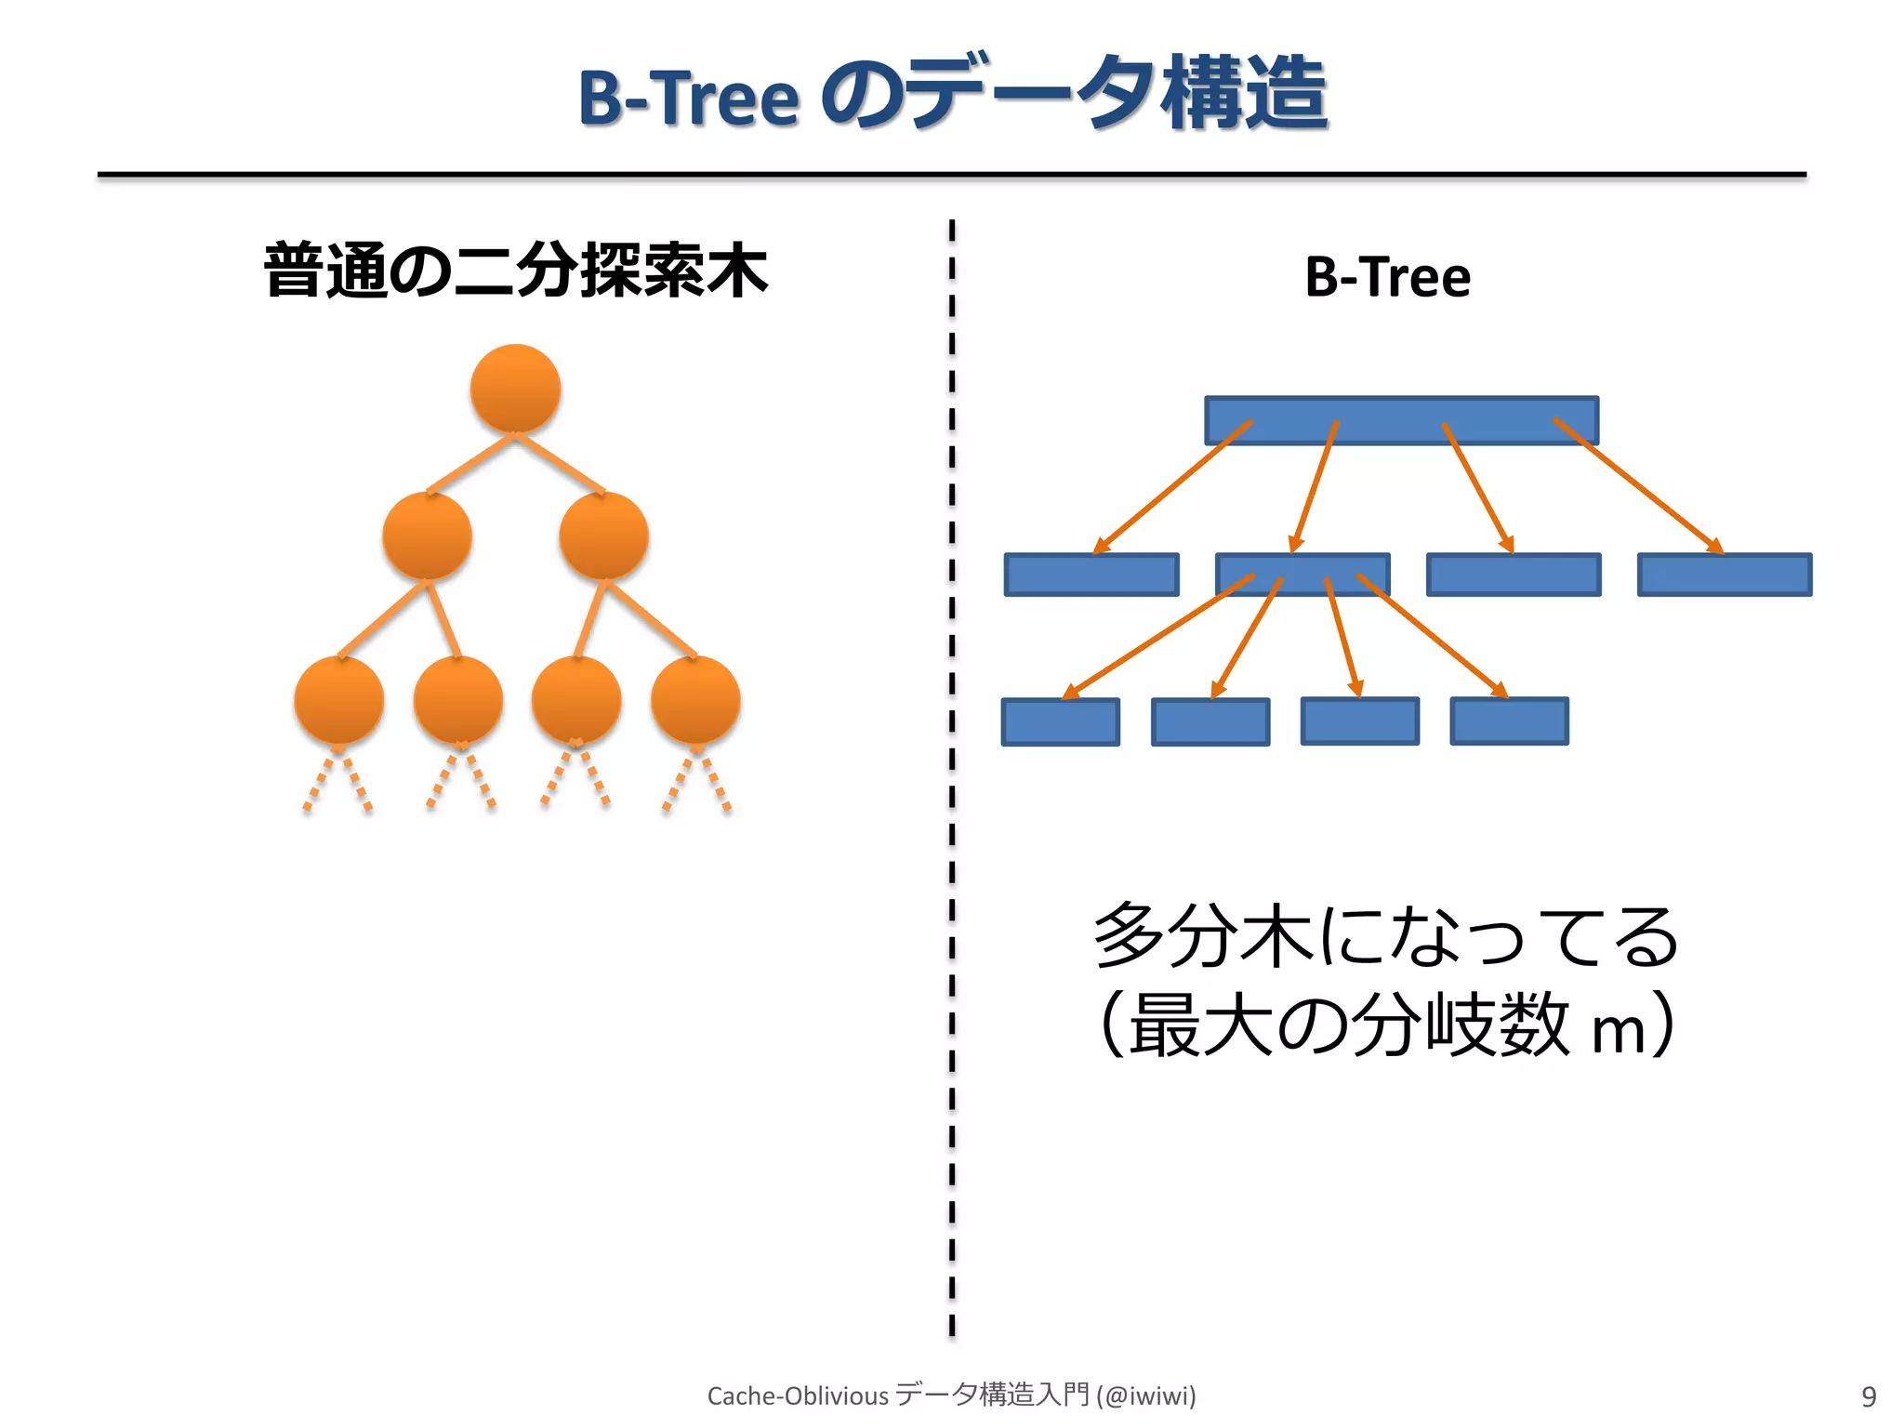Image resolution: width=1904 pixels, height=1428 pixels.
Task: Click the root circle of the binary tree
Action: pyautogui.click(x=515, y=389)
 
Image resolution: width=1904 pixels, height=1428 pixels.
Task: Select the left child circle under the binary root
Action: pyautogui.click(x=427, y=536)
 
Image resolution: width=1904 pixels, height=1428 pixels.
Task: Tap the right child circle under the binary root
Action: pyautogui.click(x=603, y=536)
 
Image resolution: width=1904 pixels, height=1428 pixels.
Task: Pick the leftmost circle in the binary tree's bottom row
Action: pyautogui.click(x=339, y=700)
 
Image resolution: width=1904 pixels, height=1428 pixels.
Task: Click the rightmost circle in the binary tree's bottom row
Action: pyautogui.click(x=695, y=700)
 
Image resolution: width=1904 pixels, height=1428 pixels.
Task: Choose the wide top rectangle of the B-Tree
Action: pyautogui.click(x=1401, y=420)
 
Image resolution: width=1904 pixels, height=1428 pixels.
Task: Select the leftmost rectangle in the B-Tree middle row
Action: pyautogui.click(x=1091, y=575)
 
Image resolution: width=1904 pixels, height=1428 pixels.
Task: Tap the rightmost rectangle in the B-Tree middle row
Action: pyautogui.click(x=1725, y=575)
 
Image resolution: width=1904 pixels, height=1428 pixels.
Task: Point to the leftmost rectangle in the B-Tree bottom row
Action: pyautogui.click(x=1060, y=722)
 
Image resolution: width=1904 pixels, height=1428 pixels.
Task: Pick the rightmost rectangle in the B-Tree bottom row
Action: pyautogui.click(x=1509, y=721)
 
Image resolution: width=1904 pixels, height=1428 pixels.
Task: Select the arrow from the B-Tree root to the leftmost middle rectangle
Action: pyautogui.click(x=1173, y=485)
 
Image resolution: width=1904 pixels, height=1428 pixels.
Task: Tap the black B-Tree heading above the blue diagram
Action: pyautogui.click(x=1387, y=277)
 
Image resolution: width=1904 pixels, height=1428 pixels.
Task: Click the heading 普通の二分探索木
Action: pyautogui.click(x=516, y=271)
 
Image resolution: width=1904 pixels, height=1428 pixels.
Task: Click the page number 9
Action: pyautogui.click(x=1869, y=1396)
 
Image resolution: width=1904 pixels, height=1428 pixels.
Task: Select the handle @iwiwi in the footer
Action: pyautogui.click(x=1146, y=1395)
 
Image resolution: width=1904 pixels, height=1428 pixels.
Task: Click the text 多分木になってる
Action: pyautogui.click(x=1385, y=936)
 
